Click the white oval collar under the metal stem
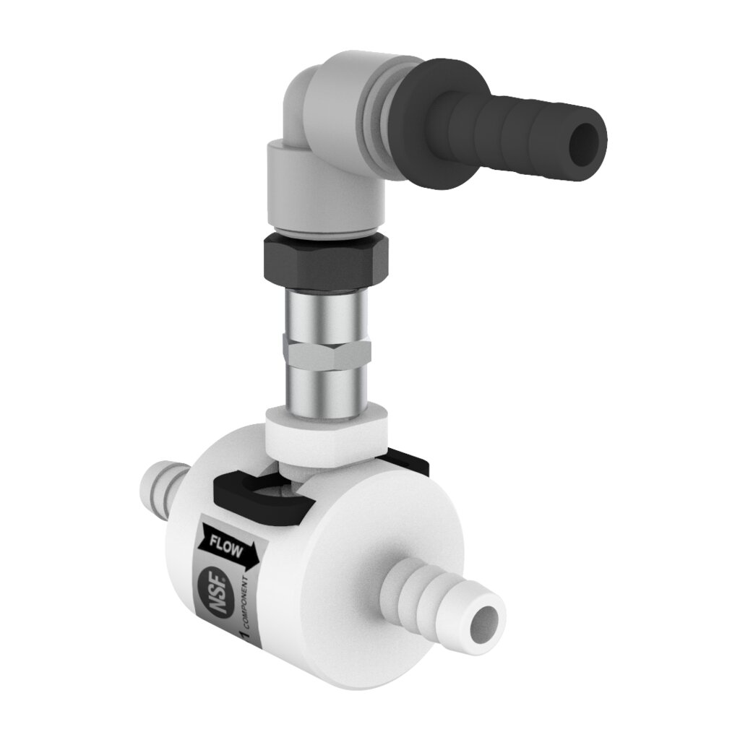tap(329, 434)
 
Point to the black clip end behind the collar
tap(408, 462)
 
